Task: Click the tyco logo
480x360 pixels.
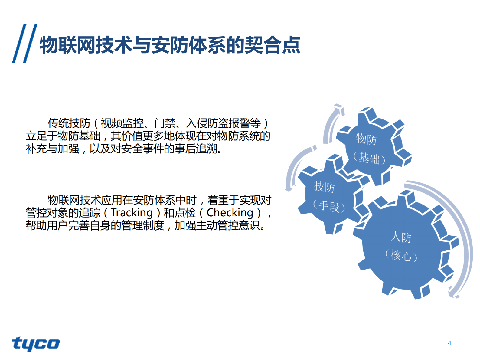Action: [36, 344]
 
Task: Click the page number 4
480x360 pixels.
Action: [449, 343]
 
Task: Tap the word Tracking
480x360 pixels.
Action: [132, 213]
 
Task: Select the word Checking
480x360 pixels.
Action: [230, 213]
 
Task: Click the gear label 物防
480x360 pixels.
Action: [366, 139]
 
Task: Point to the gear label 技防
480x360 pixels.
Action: [324, 187]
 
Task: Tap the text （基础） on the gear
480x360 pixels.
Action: [369, 159]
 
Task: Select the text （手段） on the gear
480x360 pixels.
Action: [329, 206]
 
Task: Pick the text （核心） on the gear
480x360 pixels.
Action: [401, 255]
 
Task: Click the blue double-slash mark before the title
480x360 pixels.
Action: [24, 43]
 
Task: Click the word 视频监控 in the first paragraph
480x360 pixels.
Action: [122, 123]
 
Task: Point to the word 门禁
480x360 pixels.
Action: [165, 123]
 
